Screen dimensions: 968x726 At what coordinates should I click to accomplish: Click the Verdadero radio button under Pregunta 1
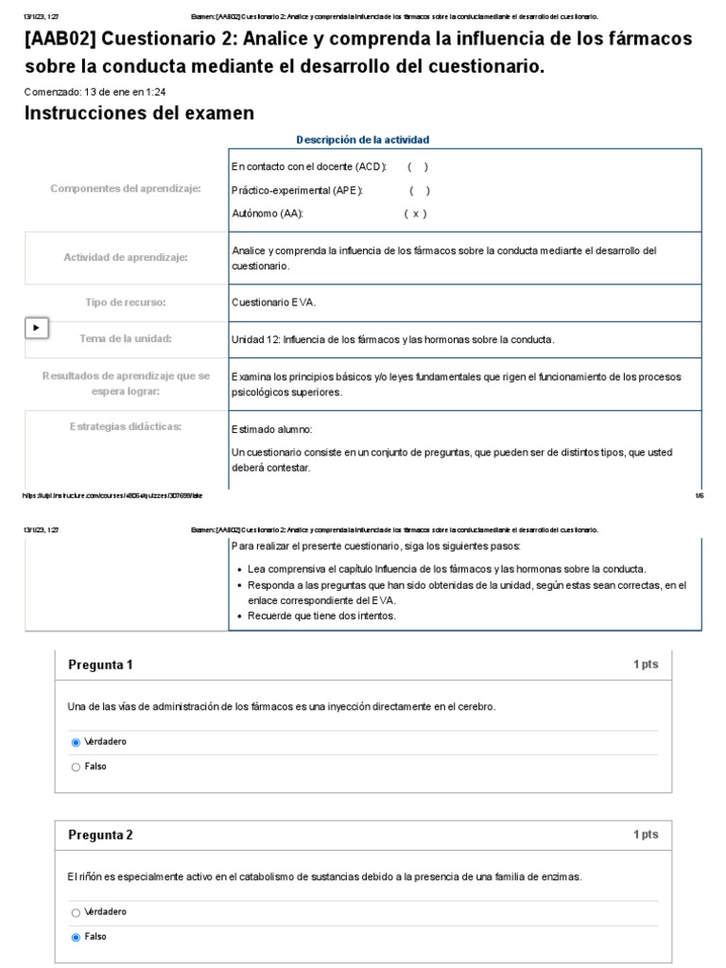[x=76, y=742]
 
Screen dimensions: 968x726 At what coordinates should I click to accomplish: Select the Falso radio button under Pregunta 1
[x=76, y=767]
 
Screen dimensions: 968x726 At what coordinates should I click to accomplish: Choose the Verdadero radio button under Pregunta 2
[x=76, y=912]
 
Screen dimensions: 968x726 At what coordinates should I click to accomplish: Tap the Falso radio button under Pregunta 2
[x=76, y=937]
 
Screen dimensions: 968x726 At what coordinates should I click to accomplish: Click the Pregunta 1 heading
[x=101, y=665]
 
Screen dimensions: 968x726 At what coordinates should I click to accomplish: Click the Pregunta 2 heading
[x=101, y=835]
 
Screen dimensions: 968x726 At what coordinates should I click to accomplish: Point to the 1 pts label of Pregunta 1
[x=645, y=665]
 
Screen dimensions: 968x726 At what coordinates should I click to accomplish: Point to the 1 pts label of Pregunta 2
[x=645, y=835]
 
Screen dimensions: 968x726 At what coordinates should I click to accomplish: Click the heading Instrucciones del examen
[x=138, y=113]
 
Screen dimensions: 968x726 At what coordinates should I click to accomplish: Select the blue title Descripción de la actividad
[x=363, y=140]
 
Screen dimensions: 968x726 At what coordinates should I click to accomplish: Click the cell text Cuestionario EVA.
[x=274, y=302]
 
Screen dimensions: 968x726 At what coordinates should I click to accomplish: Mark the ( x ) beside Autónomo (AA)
[x=416, y=214]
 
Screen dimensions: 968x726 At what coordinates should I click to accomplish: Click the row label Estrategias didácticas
[x=126, y=426]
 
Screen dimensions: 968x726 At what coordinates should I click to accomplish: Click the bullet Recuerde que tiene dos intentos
[x=321, y=616]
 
